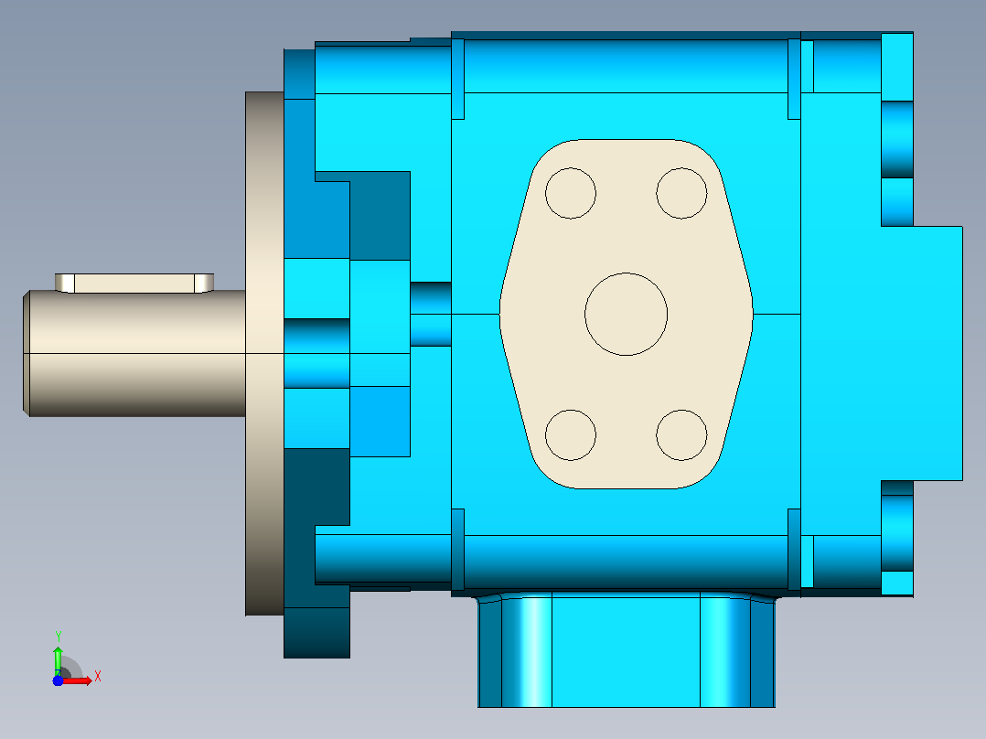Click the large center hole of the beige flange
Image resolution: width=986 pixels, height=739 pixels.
tap(626, 314)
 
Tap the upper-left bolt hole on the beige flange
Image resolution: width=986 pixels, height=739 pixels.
tap(571, 193)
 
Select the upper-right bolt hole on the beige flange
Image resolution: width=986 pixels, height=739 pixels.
tap(681, 193)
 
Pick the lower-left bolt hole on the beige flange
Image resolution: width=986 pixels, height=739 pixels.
tap(571, 434)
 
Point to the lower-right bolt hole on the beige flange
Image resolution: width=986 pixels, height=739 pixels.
tap(681, 434)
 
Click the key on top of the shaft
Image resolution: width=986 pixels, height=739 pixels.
tap(134, 283)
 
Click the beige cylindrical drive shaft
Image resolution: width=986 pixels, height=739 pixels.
tap(134, 353)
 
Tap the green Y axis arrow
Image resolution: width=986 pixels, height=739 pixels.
tap(58, 659)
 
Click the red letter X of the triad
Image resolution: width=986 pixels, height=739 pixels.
tap(98, 677)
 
